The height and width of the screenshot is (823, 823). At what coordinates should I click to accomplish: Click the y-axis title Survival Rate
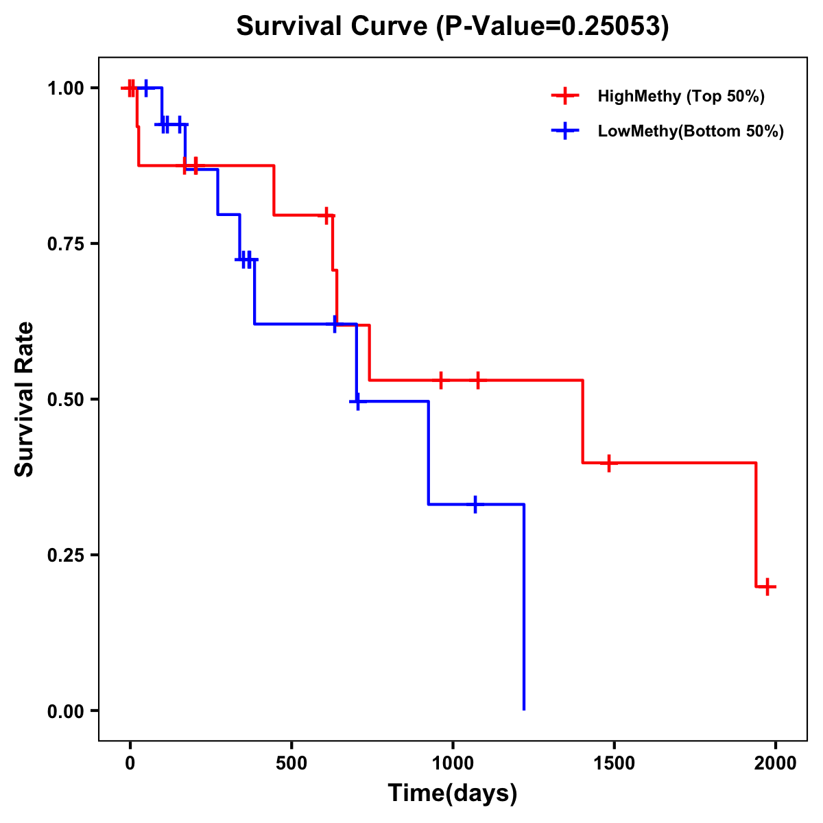[x=25, y=399]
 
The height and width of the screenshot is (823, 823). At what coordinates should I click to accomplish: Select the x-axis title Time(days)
[x=453, y=793]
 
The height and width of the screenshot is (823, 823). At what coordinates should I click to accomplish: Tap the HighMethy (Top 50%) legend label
[x=680, y=96]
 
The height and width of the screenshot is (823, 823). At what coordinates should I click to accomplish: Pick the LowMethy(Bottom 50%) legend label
[x=690, y=131]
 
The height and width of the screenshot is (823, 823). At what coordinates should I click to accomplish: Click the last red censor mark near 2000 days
[x=767, y=586]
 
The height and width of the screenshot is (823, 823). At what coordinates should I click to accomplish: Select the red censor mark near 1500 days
[x=608, y=463]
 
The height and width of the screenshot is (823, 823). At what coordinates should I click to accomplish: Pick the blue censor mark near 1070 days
[x=475, y=504]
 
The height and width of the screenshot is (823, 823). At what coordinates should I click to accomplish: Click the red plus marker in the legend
[x=565, y=96]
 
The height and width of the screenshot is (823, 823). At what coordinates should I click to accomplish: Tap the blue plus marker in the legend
[x=565, y=131]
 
